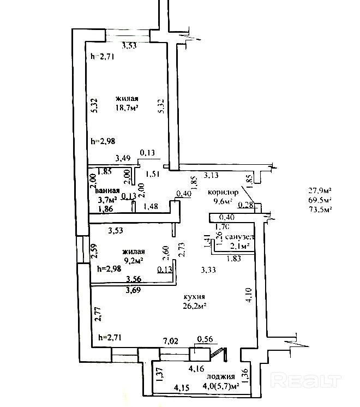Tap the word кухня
(194, 297)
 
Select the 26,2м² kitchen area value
(194, 306)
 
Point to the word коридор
(223, 193)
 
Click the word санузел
(239, 237)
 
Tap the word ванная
(107, 191)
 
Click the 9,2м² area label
(133, 261)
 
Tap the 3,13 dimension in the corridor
(212, 175)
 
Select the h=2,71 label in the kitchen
(109, 338)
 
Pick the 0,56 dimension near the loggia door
(205, 339)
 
